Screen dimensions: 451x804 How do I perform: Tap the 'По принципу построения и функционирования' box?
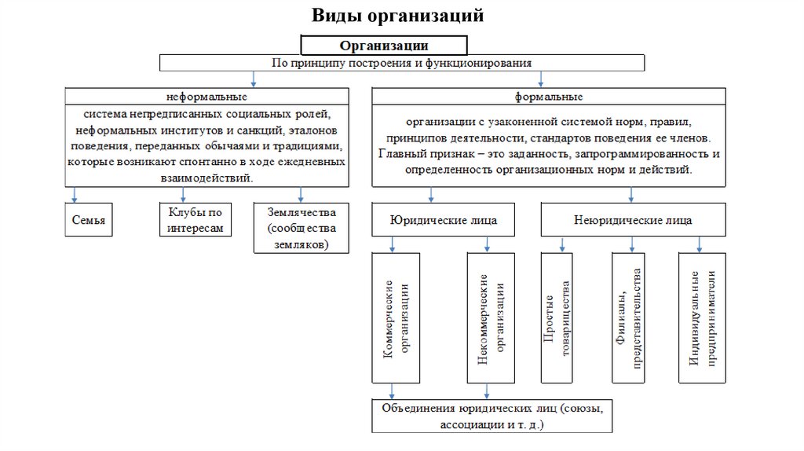click(402, 62)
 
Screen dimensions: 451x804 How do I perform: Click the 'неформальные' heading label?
click(206, 97)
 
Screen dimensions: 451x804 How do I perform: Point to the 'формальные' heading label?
click(548, 97)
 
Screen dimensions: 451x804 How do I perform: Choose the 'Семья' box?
click(87, 220)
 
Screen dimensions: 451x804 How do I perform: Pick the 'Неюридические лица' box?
click(633, 220)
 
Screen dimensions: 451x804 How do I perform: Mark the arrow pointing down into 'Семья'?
click(75, 195)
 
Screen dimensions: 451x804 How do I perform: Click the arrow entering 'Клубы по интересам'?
click(183, 195)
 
